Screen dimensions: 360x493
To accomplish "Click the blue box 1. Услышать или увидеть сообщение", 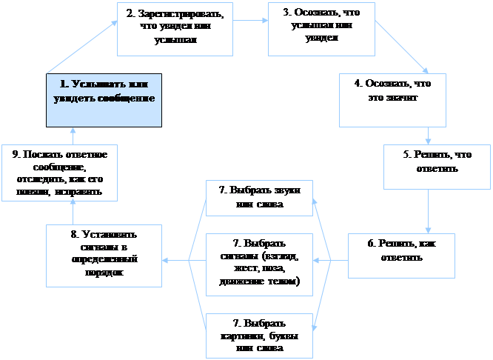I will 104,99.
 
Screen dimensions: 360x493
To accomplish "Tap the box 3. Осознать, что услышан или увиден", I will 321,28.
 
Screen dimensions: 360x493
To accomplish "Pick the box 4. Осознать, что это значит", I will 392,99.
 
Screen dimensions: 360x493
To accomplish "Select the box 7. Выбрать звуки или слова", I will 259,197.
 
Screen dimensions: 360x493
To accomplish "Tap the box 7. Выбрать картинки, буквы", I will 259,334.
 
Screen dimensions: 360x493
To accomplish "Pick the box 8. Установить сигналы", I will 104,254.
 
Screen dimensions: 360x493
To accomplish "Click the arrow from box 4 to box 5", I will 429,135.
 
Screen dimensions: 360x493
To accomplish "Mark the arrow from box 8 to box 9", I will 73,213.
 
